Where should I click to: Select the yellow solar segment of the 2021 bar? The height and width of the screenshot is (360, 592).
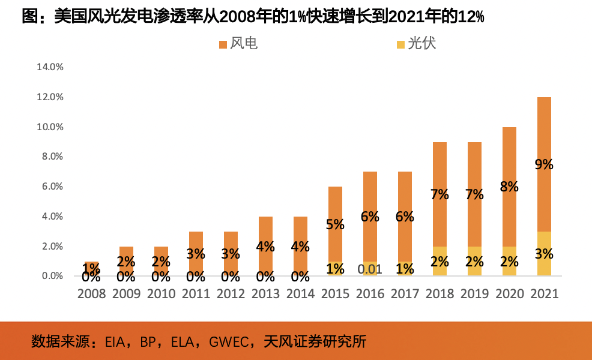(x=544, y=264)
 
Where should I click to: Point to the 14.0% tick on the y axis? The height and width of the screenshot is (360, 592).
(x=50, y=67)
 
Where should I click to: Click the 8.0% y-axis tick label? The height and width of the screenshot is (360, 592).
(x=50, y=157)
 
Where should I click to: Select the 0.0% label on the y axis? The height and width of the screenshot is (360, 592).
(x=50, y=276)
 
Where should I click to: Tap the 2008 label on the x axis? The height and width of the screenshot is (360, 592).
(x=91, y=294)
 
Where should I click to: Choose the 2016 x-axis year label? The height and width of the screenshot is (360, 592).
(x=370, y=294)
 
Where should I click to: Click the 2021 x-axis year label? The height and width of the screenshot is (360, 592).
(x=544, y=294)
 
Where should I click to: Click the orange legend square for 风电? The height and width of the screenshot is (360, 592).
(x=223, y=44)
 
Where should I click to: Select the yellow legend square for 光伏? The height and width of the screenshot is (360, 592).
(x=400, y=44)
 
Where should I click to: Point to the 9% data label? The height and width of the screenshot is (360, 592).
(x=544, y=164)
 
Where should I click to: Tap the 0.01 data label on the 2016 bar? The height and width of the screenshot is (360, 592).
(x=370, y=269)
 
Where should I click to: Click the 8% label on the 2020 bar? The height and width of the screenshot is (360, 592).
(x=509, y=187)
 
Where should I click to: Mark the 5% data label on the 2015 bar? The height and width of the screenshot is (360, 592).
(x=335, y=224)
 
